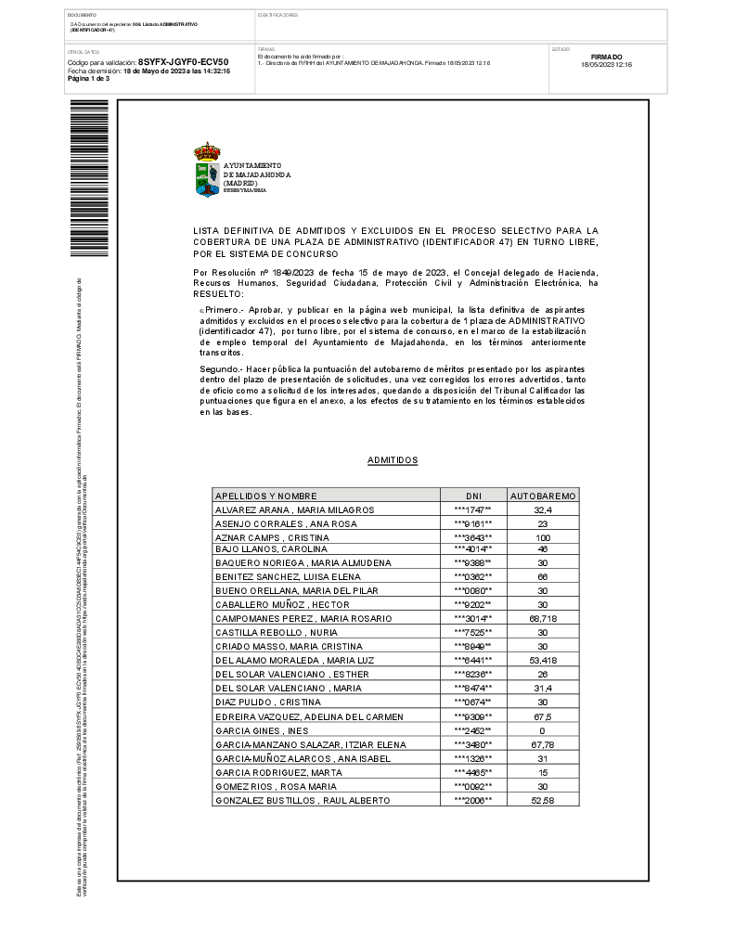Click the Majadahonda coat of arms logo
(x=207, y=170)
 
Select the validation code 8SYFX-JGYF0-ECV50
(x=183, y=62)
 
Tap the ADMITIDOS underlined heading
(x=393, y=460)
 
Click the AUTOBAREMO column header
(x=543, y=496)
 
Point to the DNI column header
(x=473, y=496)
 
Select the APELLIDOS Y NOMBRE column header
(x=266, y=496)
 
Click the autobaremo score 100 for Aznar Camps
(x=543, y=538)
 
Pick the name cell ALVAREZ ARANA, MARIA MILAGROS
(x=294, y=510)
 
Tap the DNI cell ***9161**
(x=473, y=524)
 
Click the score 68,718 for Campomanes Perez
(x=543, y=618)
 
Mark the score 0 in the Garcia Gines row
(x=543, y=731)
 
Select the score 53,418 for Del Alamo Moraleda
(x=543, y=660)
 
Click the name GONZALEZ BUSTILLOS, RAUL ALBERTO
(x=303, y=800)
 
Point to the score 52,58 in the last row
(x=543, y=800)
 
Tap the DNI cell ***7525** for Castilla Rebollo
(x=473, y=632)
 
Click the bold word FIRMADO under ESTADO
(x=606, y=57)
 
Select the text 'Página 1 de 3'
(x=89, y=79)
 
